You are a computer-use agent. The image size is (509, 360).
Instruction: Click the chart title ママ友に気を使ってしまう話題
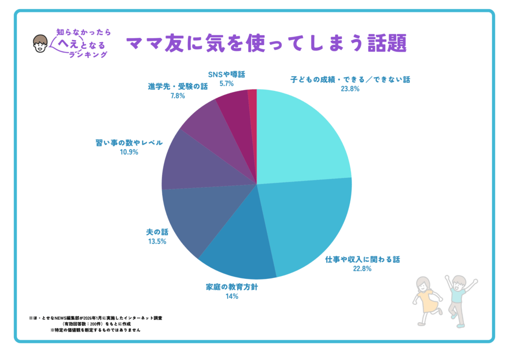click(x=266, y=43)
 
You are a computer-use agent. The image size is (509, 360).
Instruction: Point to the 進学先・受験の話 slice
click(x=209, y=124)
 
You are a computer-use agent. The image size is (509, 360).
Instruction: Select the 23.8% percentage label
click(x=350, y=90)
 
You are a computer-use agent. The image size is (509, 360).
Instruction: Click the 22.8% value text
click(x=362, y=269)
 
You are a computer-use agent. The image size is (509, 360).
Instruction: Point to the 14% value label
click(x=232, y=296)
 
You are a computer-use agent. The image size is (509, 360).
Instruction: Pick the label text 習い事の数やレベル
click(x=129, y=143)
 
